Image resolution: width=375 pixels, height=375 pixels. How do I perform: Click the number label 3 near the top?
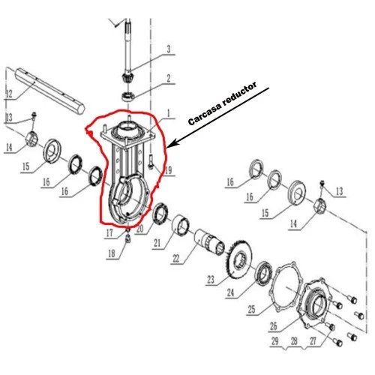[169, 50]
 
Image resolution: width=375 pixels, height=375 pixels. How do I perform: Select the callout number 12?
[9, 94]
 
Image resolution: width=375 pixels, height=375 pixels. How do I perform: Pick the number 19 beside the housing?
[169, 171]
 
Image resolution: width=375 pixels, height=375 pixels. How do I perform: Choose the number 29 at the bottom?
[276, 341]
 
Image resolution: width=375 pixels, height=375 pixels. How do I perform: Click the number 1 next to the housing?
[169, 114]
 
